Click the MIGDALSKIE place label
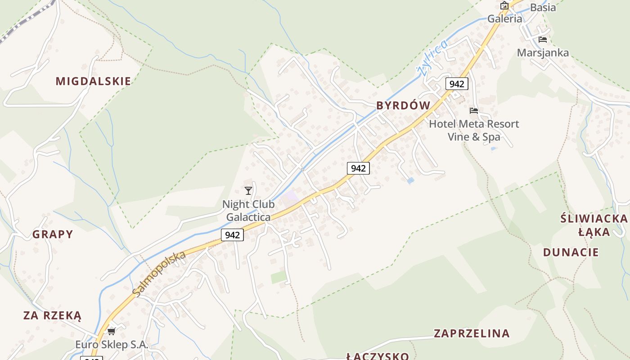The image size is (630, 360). pos(93,81)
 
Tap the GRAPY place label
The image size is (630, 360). pos(53,234)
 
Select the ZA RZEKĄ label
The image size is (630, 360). pos(52,315)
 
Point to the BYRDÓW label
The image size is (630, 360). pos(403,105)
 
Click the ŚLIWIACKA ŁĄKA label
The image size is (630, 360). pos(594,225)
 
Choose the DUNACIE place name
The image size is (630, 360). pos(571,252)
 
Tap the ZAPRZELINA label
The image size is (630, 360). pos(472,333)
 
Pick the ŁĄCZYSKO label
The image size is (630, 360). pos(378,356)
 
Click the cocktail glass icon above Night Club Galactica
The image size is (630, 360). pos(248,191)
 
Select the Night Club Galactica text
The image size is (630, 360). pos(248,211)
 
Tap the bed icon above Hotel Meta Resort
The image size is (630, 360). pos(474,111)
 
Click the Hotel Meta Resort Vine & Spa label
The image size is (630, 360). pos(474,130)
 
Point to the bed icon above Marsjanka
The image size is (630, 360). pos(542,40)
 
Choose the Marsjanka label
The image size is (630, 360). pos(543,53)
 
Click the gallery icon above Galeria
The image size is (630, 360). pos(504,5)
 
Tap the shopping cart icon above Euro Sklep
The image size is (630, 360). pos(111,332)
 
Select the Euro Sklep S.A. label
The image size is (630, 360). pos(112,345)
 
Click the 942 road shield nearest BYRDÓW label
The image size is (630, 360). pos(457,84)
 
